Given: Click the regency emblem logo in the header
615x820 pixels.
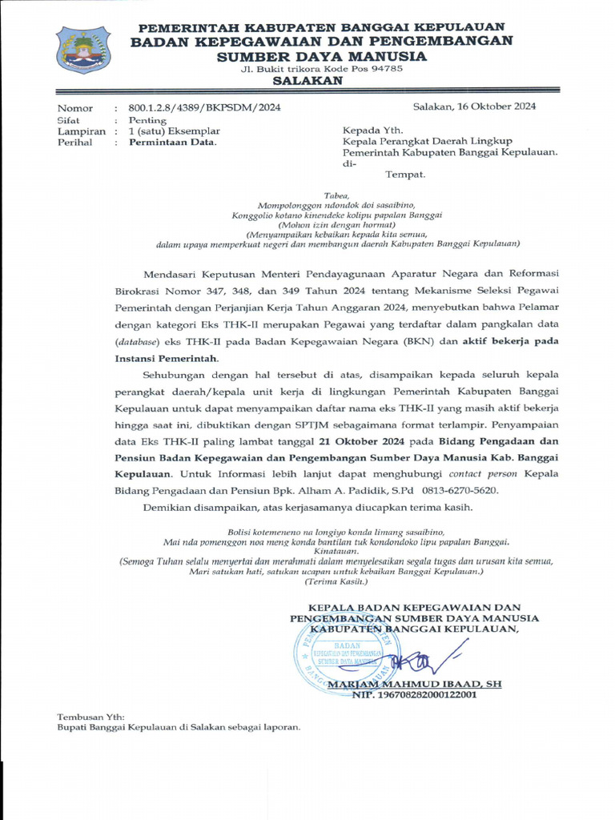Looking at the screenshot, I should (83, 50).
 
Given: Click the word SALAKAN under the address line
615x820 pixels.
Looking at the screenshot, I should (307, 81).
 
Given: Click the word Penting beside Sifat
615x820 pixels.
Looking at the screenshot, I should (147, 119).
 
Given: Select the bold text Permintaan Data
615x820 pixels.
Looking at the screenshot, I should (172, 142).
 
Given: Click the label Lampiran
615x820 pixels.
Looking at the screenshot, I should (81, 131).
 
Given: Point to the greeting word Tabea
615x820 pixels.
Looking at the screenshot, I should (336, 195).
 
